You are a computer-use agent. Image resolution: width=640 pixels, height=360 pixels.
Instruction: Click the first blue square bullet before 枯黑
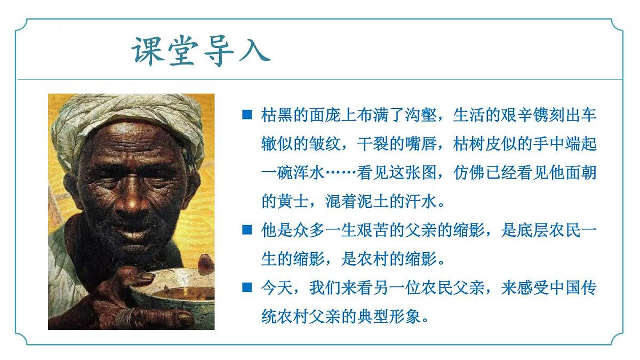[x=246, y=115]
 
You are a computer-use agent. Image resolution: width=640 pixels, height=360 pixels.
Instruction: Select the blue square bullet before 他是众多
[x=246, y=230]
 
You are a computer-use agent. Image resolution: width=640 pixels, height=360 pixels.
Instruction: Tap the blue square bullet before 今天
[x=246, y=287]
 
